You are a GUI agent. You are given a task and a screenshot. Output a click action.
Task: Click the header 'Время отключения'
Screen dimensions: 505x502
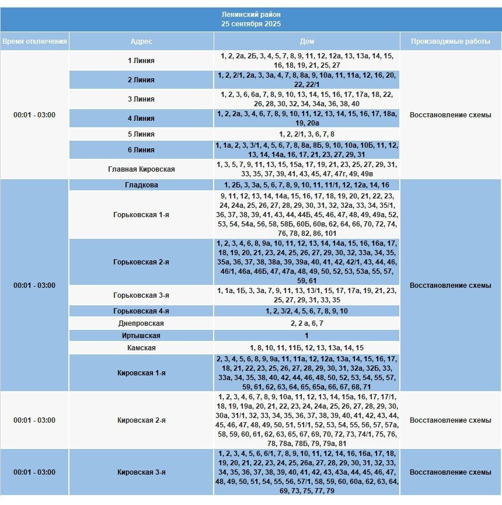click(34, 41)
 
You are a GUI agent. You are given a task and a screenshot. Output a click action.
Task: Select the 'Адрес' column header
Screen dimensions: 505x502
click(141, 41)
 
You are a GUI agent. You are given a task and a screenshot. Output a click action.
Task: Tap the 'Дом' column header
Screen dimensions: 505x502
click(307, 41)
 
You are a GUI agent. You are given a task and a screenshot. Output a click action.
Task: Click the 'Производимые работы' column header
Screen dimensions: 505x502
click(450, 41)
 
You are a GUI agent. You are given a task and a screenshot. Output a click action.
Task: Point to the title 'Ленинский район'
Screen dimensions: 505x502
click(251, 14)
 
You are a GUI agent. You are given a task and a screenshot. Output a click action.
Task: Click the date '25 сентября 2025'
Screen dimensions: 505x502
click(251, 24)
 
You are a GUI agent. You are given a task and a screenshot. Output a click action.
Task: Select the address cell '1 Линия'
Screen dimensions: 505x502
click(141, 61)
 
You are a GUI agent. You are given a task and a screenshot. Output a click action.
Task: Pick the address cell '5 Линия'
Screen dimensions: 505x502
click(141, 134)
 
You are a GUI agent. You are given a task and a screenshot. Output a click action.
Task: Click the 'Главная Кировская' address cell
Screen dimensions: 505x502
click(141, 169)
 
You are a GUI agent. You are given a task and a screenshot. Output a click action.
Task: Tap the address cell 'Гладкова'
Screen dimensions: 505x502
click(141, 185)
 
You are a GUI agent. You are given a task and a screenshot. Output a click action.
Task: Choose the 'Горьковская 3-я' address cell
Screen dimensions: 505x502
click(141, 295)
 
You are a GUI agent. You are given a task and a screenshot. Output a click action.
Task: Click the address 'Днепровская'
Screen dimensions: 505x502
click(141, 323)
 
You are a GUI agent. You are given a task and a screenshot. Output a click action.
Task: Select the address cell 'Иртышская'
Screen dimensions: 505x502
click(141, 336)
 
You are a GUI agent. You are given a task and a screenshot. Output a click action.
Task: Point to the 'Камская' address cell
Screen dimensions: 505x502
click(141, 348)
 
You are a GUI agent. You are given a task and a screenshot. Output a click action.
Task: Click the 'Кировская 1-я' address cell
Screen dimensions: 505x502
click(141, 372)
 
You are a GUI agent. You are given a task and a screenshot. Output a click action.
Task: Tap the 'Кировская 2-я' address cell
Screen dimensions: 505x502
click(141, 420)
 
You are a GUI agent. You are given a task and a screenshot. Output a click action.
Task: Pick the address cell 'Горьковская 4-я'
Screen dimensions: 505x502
click(141, 311)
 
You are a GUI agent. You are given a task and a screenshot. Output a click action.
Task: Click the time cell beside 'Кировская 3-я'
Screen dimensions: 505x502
click(34, 472)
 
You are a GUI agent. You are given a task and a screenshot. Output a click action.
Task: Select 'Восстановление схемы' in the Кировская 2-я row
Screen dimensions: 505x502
click(450, 420)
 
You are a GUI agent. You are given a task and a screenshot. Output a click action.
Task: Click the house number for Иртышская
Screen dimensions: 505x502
click(306, 336)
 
